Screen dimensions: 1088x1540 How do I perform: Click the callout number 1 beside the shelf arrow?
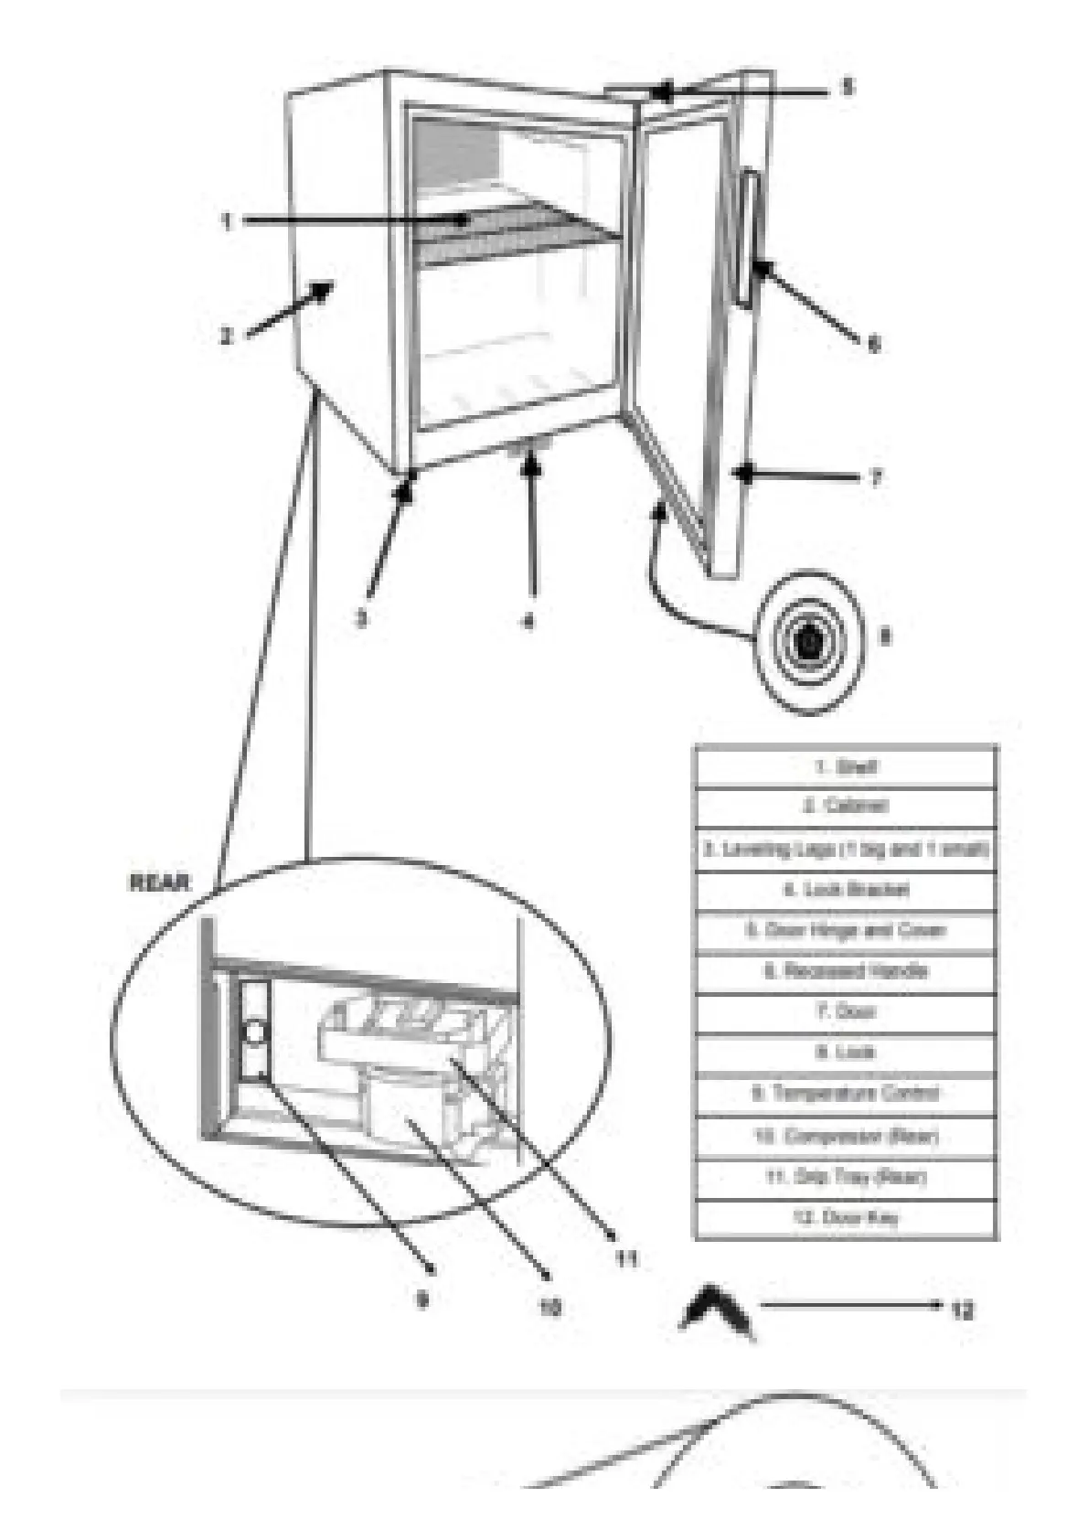(x=227, y=221)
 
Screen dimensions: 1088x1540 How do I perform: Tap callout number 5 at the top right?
(x=846, y=88)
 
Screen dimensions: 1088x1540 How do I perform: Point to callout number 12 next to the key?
(x=961, y=1310)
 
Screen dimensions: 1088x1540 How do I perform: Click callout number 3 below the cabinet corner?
(x=362, y=619)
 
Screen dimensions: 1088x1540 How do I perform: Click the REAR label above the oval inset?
(x=159, y=883)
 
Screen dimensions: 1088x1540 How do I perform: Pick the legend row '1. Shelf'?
(x=846, y=766)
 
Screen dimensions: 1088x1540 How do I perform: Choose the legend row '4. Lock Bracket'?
(x=846, y=890)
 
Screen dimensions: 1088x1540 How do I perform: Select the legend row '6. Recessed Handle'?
(x=846, y=971)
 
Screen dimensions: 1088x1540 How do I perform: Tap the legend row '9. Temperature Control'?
(x=846, y=1094)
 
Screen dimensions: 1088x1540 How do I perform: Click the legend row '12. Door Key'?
(x=846, y=1217)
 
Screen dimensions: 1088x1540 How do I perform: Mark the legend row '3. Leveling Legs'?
(x=846, y=850)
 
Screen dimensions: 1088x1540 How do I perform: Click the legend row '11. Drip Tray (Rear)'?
(x=846, y=1177)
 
